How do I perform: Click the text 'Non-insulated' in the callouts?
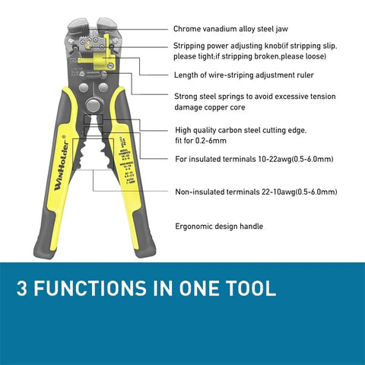201,192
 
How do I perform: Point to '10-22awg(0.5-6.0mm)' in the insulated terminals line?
292,158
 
